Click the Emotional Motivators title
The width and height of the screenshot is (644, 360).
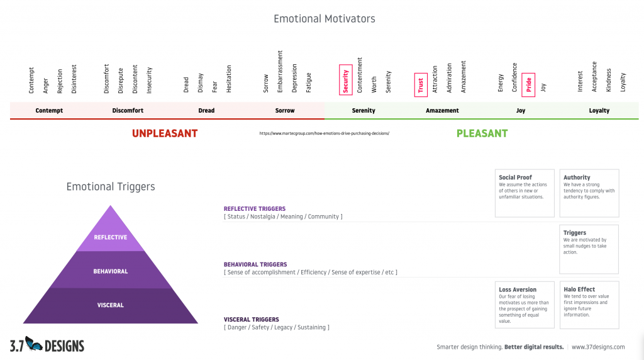324,19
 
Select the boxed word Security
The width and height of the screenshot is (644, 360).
345,79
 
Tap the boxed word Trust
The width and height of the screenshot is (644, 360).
421,84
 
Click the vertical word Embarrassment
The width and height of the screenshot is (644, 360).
280,72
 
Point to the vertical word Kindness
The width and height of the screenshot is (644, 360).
608,80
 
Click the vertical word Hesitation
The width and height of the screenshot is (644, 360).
229,79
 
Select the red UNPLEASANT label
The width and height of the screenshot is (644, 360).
165,133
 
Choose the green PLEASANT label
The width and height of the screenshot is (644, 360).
482,133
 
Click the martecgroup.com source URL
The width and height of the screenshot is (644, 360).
325,133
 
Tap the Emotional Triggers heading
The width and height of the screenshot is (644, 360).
111,186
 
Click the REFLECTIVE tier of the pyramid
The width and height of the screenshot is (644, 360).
111,237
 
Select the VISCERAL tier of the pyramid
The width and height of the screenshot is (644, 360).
111,305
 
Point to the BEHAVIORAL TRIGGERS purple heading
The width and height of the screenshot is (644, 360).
255,264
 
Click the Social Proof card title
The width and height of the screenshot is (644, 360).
515,177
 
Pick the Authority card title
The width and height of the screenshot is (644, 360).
577,177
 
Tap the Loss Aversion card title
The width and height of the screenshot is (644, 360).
518,290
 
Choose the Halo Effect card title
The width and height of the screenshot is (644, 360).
579,290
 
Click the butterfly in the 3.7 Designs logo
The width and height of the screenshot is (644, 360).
34,344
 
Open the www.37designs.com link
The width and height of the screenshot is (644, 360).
598,347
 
